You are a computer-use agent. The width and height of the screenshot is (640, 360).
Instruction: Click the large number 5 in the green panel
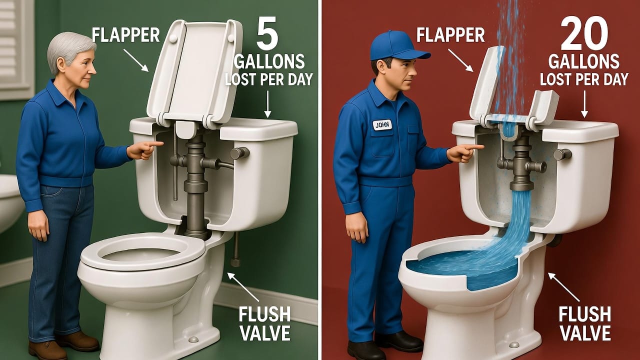tap(267, 33)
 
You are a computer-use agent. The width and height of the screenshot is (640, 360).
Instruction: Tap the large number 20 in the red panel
tap(584, 33)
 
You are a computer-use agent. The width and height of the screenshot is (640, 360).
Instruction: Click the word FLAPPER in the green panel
tap(125, 35)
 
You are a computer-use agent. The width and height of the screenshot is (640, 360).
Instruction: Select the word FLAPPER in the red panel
tap(450, 35)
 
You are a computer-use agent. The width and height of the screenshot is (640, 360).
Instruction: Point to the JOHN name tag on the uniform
tap(382, 125)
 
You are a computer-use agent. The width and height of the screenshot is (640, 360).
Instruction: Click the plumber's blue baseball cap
tap(397, 46)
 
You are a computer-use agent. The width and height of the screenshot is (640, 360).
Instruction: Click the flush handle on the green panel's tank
tap(239, 153)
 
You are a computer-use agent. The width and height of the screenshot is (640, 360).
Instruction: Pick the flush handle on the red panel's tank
tap(562, 154)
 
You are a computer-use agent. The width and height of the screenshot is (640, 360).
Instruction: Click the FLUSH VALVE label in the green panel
tap(264, 323)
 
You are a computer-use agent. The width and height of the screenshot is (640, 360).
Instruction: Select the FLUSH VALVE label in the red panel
tap(584, 323)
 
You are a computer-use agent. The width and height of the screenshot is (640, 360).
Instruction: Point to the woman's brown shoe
tap(77, 341)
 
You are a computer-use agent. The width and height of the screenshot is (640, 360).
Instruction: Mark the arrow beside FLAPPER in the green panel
tap(135, 60)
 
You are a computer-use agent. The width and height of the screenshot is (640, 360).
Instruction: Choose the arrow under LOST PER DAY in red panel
tap(584, 104)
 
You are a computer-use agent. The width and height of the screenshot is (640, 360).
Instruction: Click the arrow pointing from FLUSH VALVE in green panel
tap(243, 286)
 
